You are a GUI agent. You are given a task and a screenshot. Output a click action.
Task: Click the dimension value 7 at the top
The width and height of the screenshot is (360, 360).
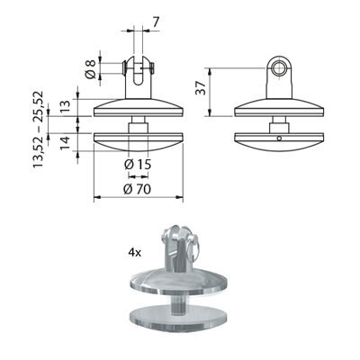[156, 22]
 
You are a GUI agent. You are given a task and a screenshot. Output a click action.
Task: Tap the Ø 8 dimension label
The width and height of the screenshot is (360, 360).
[90, 68]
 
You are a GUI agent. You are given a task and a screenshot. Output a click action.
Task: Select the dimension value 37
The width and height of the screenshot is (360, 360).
[201, 88]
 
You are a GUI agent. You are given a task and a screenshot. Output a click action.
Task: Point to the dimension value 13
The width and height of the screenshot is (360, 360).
[65, 107]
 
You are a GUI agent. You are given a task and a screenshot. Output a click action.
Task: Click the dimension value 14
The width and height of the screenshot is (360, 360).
[65, 143]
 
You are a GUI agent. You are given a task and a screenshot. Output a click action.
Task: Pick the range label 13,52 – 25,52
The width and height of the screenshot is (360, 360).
[39, 129]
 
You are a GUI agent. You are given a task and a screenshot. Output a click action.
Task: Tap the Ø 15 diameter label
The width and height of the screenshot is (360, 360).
[138, 164]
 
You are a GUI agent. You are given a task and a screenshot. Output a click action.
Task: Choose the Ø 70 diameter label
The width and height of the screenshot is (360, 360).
[138, 189]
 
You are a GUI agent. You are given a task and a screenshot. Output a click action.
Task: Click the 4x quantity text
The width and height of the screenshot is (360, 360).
[135, 253]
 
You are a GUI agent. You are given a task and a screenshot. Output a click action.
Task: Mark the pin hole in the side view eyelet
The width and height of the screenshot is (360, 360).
[279, 67]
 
